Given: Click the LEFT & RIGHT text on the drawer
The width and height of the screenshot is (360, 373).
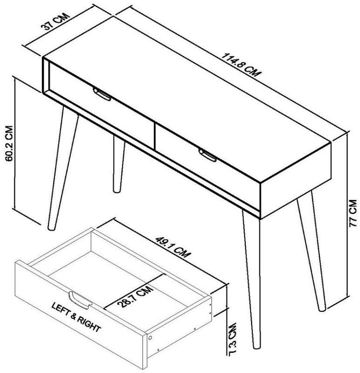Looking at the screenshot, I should [76, 317].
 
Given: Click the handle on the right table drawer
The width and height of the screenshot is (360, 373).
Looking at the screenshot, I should [207, 155].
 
